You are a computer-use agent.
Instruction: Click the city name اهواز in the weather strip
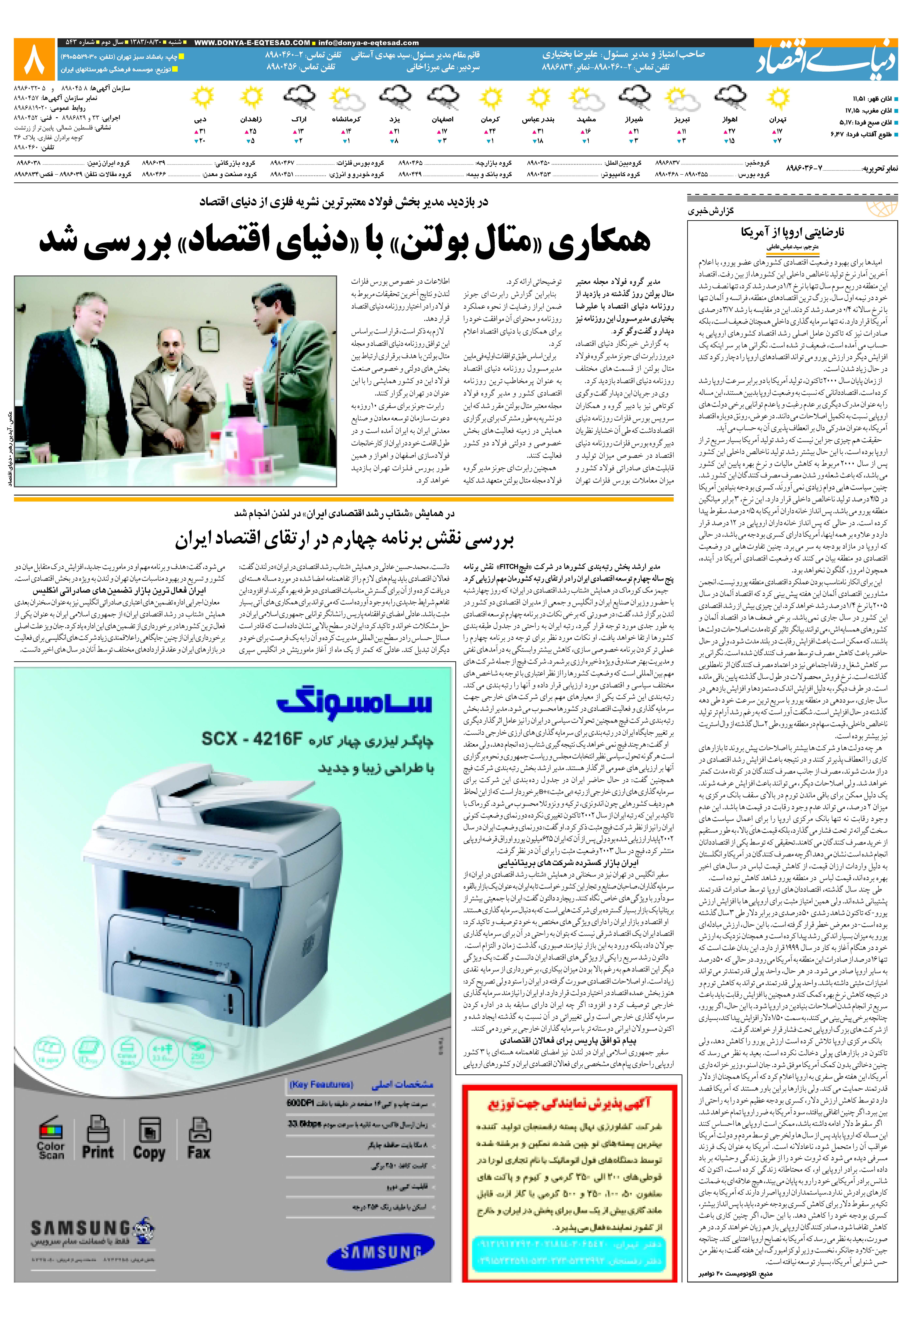point(730,120)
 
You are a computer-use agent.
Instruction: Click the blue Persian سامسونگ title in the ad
point(354,704)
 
